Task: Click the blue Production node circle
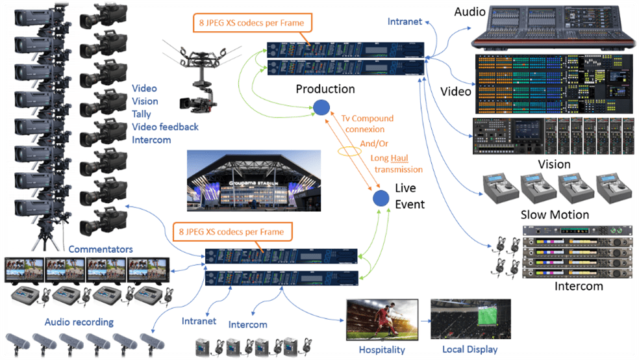[x=321, y=108]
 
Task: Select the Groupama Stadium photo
[x=253, y=180]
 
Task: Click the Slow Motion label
[x=555, y=214]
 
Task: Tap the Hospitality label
[x=382, y=350]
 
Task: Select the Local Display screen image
[x=471, y=319]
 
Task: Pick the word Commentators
[x=101, y=250]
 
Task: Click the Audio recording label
[x=79, y=322]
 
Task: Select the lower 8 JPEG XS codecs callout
[x=232, y=231]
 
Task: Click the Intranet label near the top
[x=405, y=21]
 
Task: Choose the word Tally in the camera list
[x=142, y=114]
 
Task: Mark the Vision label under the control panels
[x=554, y=164]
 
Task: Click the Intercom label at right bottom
[x=579, y=286]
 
